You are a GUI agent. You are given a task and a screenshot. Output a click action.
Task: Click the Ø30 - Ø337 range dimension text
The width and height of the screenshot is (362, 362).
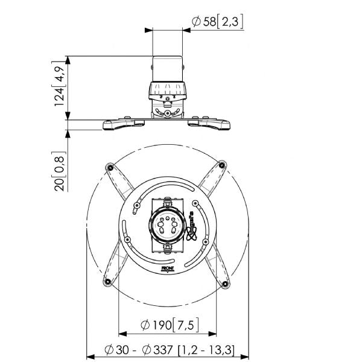click(x=168, y=349)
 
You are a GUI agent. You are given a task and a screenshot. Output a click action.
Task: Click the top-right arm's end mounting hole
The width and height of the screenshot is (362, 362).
click(x=222, y=164)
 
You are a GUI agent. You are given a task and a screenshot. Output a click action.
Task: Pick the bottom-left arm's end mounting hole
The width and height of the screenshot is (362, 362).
click(x=108, y=282)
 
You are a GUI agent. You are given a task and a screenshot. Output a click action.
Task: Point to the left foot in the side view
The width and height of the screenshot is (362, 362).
click(x=122, y=124)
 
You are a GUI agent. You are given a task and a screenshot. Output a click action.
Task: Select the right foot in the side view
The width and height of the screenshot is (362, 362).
click(x=211, y=124)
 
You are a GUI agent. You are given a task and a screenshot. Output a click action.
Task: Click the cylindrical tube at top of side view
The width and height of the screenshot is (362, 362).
click(x=167, y=69)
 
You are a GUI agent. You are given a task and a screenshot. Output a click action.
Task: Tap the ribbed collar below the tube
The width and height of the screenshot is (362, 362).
click(x=167, y=92)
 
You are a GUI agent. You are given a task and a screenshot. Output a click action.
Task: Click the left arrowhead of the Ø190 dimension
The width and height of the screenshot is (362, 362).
click(x=121, y=332)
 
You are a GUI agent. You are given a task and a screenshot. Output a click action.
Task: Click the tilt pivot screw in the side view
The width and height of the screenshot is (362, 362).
click(x=167, y=112)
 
